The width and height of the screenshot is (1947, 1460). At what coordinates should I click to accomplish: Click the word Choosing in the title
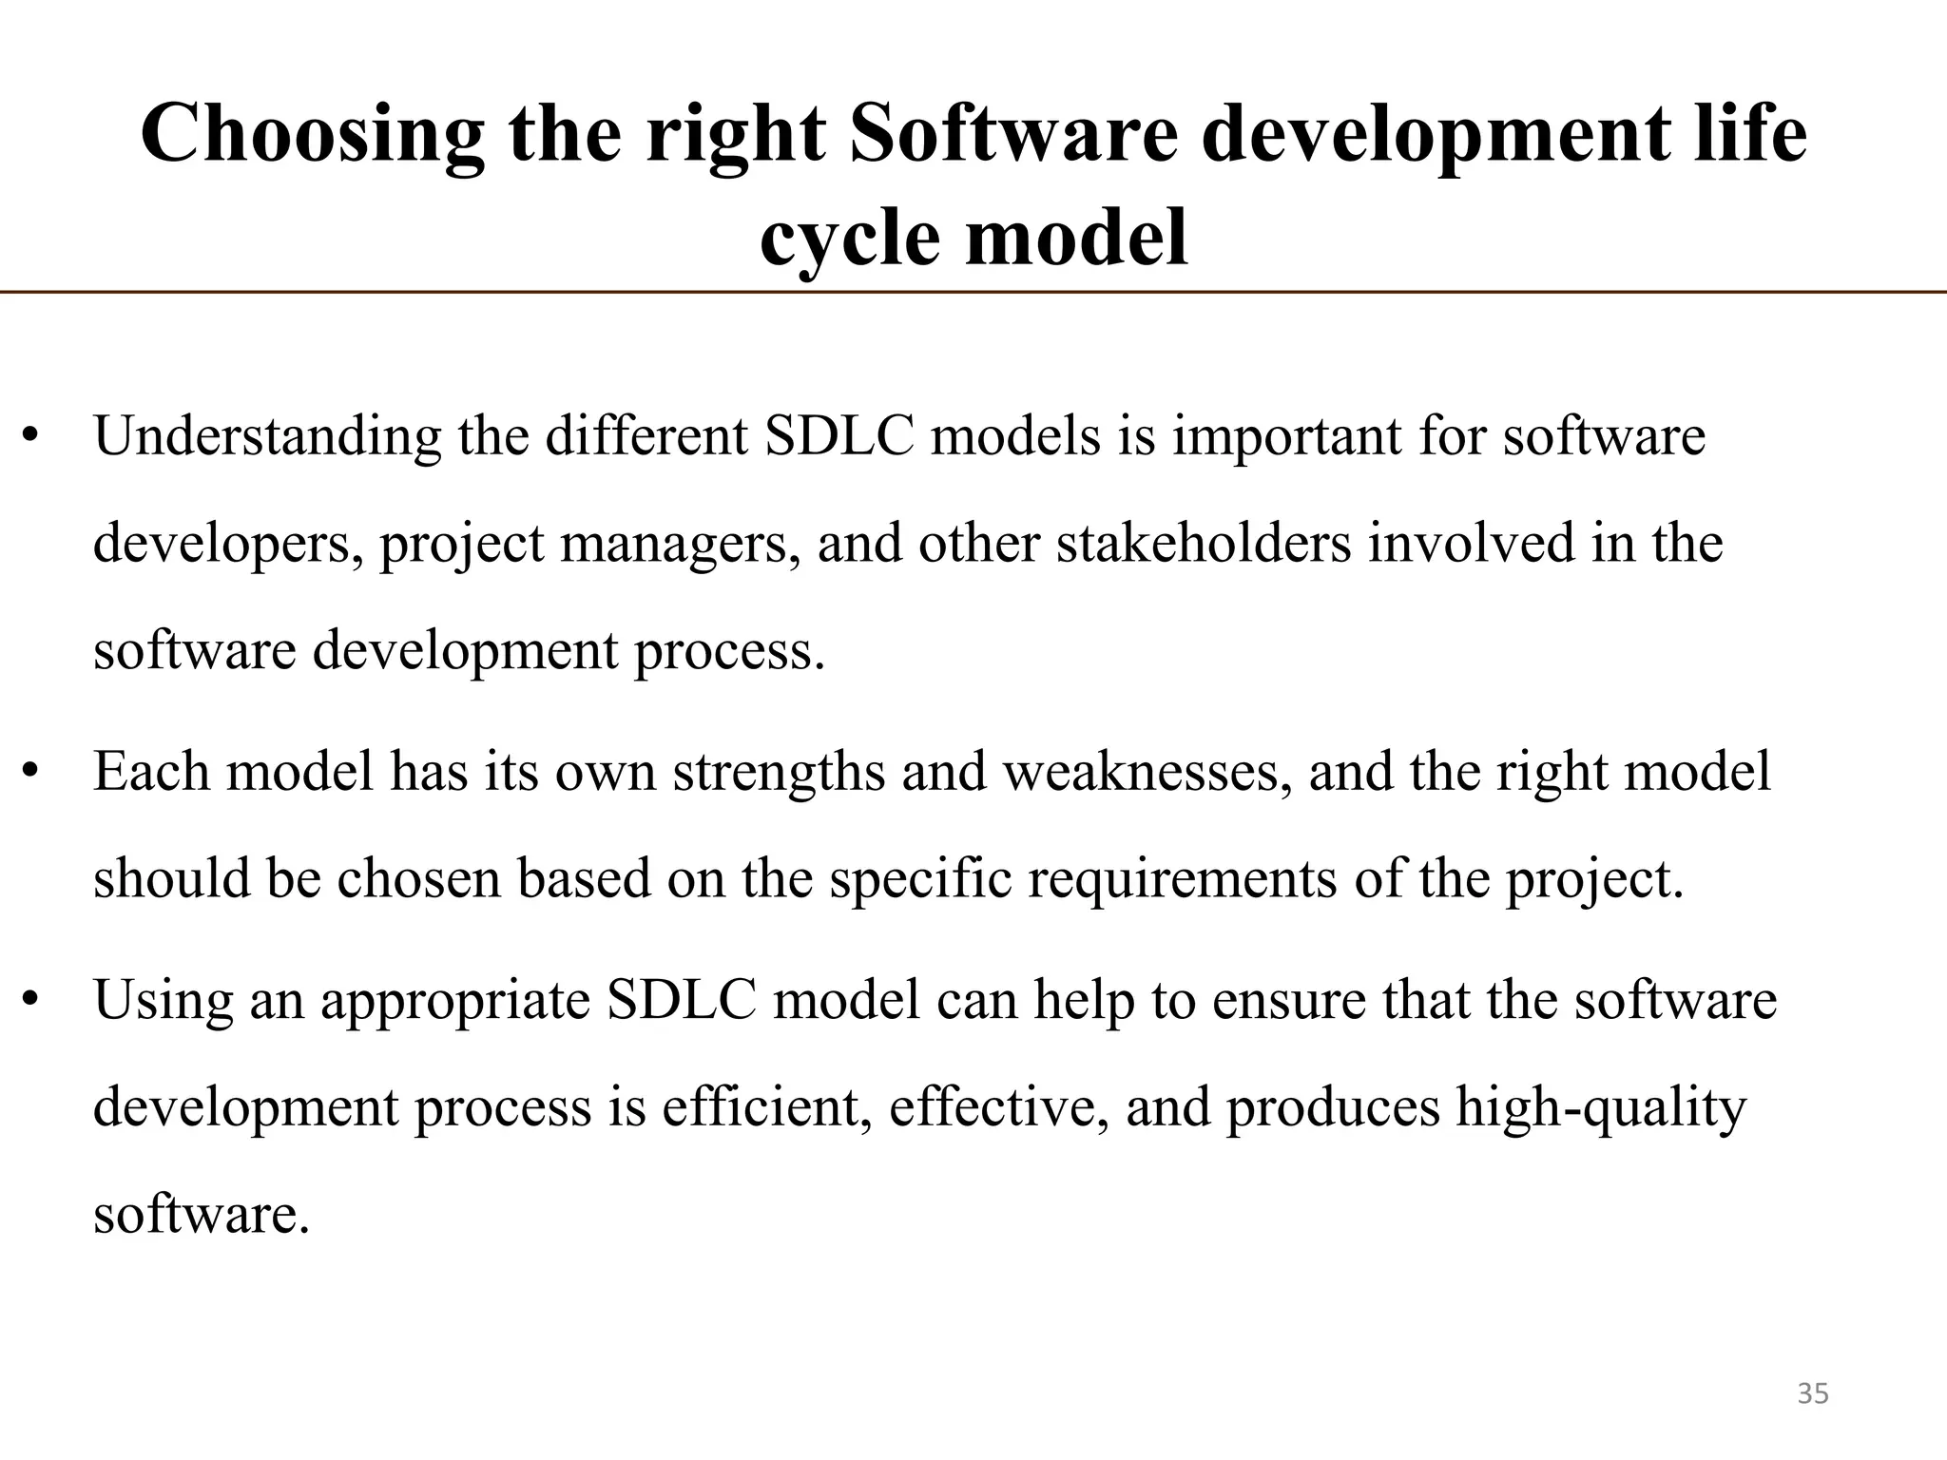pyautogui.click(x=312, y=136)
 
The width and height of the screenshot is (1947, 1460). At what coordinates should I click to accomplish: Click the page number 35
pyautogui.click(x=1813, y=1393)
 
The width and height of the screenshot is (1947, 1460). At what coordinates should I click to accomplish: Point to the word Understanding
pyautogui.click(x=267, y=438)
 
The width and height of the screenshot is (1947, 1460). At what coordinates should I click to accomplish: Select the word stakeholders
pyautogui.click(x=1204, y=544)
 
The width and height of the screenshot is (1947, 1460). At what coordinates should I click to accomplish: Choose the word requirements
pyautogui.click(x=1182, y=879)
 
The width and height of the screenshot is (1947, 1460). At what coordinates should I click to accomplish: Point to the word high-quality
pyautogui.click(x=1601, y=1109)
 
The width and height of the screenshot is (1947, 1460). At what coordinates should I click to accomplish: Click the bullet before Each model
pyautogui.click(x=30, y=772)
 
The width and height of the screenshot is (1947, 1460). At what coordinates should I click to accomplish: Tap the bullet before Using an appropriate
pyautogui.click(x=30, y=1000)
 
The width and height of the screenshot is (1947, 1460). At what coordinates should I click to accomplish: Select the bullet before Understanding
pyautogui.click(x=30, y=438)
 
